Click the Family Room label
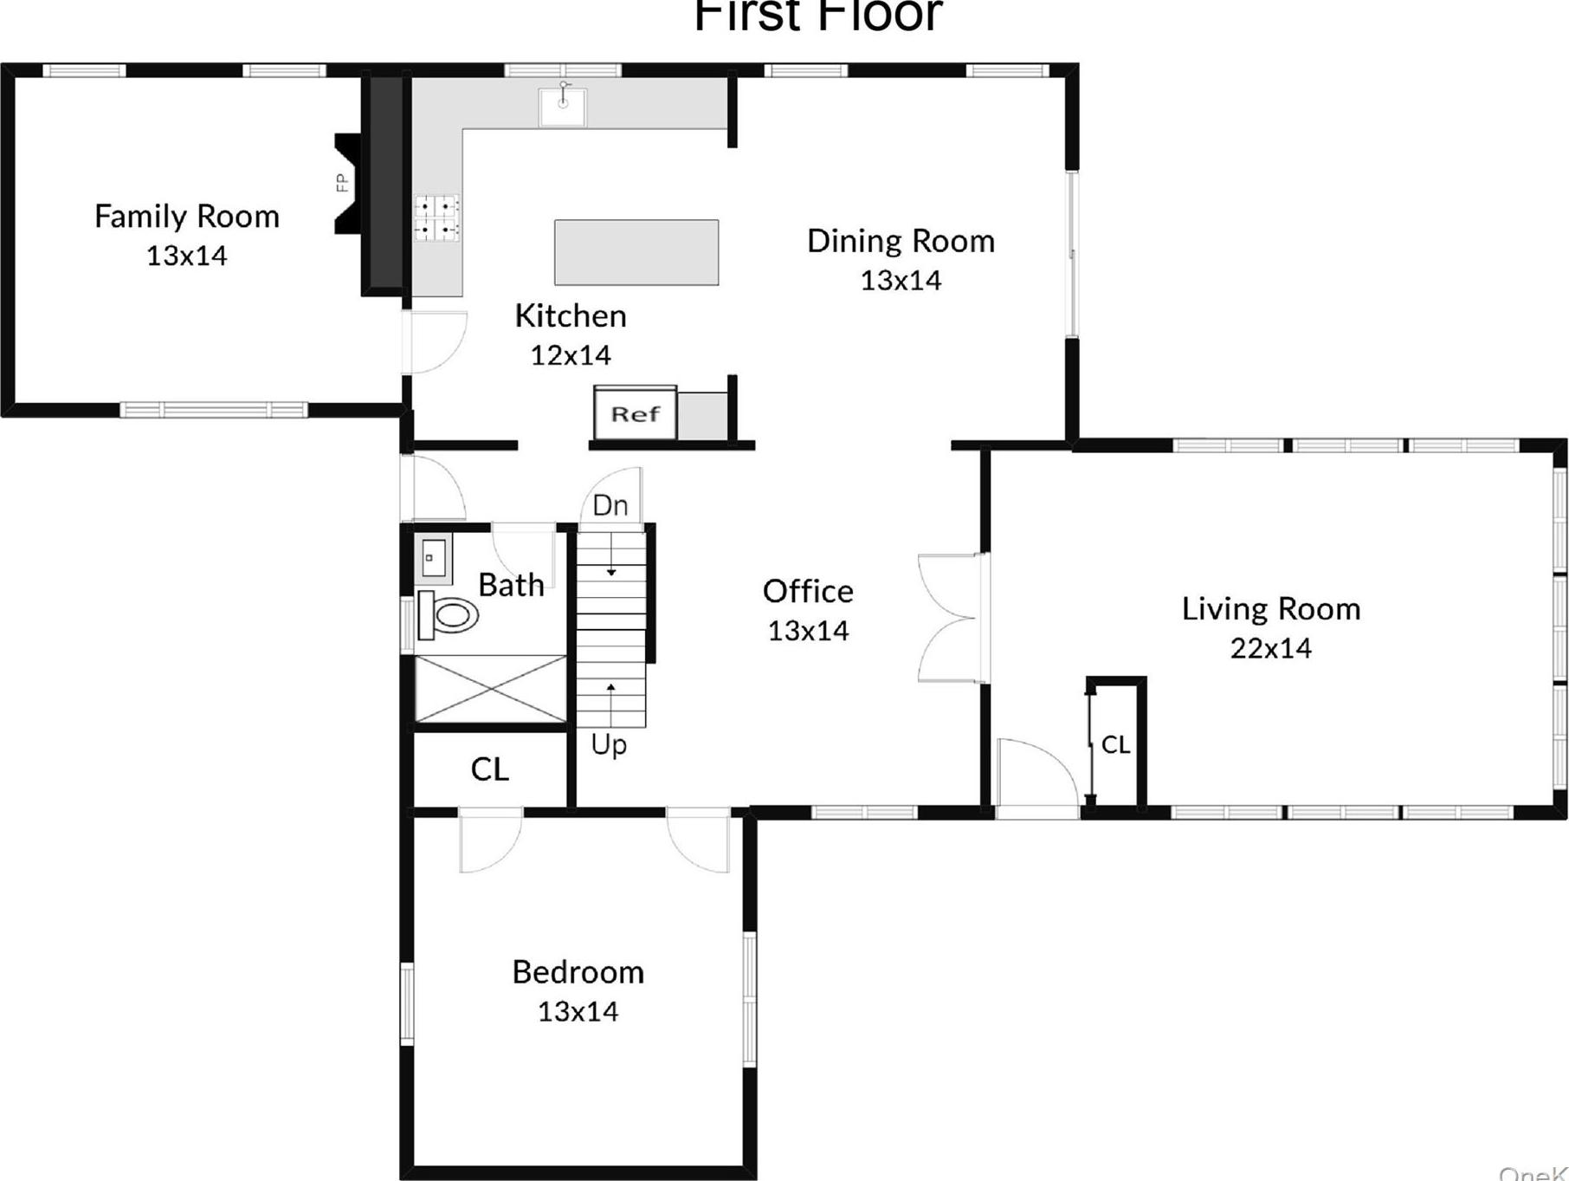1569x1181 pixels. point(186,217)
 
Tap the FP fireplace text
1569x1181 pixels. point(342,183)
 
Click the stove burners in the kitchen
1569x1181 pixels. point(436,217)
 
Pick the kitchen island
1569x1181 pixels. point(636,252)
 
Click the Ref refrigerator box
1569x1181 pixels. point(636,414)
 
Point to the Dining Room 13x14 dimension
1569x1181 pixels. point(901,280)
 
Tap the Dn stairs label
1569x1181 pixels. point(610,505)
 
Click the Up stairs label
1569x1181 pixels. point(609,744)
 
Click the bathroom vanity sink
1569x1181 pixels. point(434,556)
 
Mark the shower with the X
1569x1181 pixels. point(491,689)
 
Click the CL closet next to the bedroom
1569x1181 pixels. point(490,769)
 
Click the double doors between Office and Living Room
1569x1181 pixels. point(951,618)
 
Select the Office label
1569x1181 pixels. point(808,592)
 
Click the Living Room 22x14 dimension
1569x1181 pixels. point(1270,648)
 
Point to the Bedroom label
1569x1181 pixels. point(578,972)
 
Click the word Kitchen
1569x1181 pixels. point(570,316)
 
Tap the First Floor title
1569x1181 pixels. point(817,16)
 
